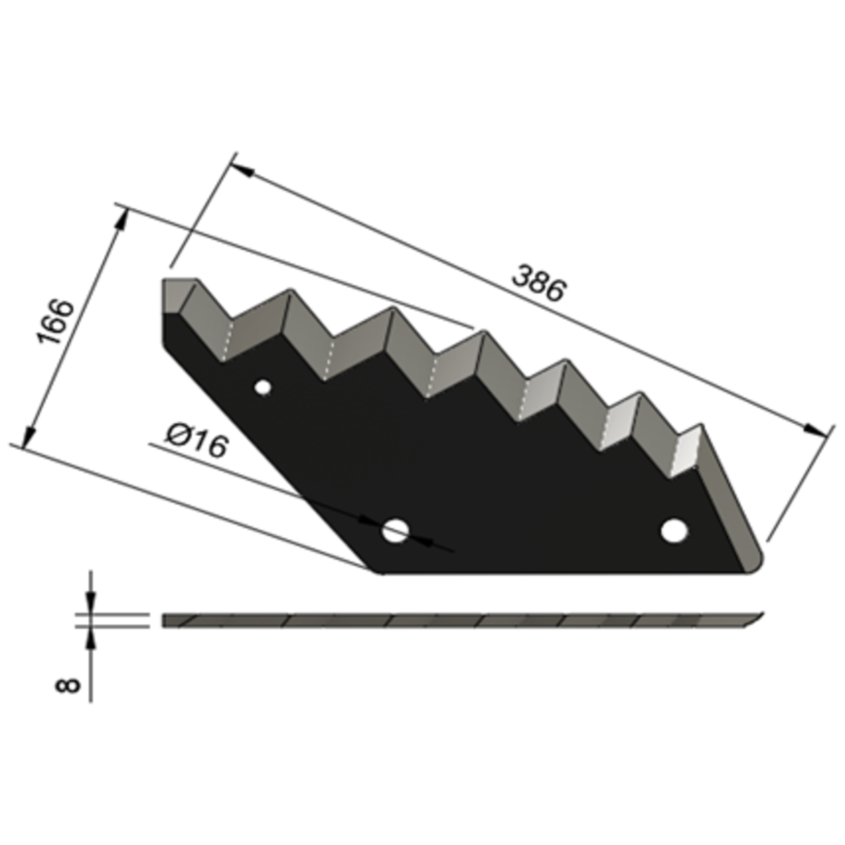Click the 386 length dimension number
tap(539, 283)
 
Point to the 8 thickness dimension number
tap(68, 685)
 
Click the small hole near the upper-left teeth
tap(263, 387)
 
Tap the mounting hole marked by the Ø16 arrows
tap(395, 531)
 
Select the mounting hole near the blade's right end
tap(675, 531)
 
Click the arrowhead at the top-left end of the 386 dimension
tap(242, 170)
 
